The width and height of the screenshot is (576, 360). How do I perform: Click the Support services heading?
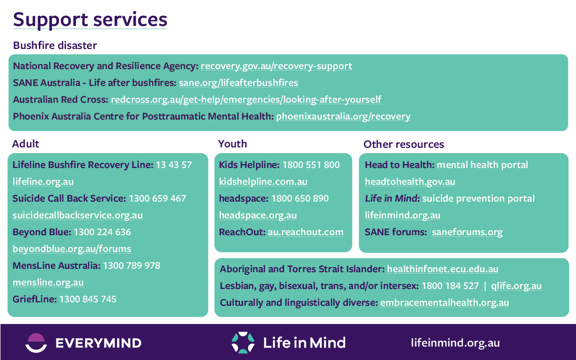point(90,20)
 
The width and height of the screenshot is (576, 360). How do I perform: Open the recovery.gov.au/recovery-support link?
point(276,66)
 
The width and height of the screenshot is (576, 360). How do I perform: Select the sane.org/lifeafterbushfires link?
point(239,83)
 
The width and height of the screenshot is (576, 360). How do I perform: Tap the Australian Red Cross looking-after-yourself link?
point(246,100)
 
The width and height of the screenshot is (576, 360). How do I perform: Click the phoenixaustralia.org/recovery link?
point(343,117)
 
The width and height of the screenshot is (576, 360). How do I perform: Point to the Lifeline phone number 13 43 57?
point(174,165)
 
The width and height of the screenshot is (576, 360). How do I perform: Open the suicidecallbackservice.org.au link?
point(78,215)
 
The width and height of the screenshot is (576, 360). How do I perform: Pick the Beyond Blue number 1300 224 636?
point(102,232)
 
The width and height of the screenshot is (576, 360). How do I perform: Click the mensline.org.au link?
point(48,283)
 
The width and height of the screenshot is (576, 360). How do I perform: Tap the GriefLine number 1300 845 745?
point(88,300)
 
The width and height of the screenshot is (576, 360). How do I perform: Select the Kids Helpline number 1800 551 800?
point(311,165)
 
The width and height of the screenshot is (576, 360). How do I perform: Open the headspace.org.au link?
point(258,215)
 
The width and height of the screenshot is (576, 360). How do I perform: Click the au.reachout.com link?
point(306,232)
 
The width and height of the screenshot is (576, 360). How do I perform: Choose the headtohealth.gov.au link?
point(410,182)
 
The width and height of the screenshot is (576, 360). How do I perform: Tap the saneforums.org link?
point(467,232)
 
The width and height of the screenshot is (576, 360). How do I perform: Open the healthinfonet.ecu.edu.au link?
point(443,269)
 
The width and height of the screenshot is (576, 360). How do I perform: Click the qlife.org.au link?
point(516,286)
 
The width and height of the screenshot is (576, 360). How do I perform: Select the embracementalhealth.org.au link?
point(444,303)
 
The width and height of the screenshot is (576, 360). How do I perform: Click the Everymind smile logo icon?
point(36,343)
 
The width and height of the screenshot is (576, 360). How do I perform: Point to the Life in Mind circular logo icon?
point(243,343)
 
